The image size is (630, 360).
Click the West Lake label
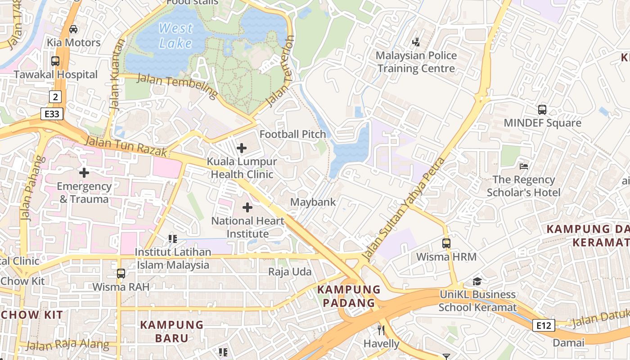[175, 36]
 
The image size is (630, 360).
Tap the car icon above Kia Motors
[73, 29]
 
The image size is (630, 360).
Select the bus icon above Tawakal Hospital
[55, 61]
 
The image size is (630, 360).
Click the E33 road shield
[52, 114]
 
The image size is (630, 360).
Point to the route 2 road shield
[55, 96]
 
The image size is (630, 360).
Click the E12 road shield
[543, 325]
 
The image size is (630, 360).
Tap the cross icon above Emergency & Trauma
[84, 172]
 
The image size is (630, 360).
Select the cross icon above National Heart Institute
[247, 207]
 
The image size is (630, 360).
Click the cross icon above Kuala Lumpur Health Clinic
[242, 148]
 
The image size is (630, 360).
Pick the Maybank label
[313, 202]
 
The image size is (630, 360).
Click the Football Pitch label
[292, 134]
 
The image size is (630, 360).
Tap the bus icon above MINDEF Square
[542, 109]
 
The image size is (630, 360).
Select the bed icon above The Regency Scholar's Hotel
[523, 166]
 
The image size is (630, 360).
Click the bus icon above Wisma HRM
[446, 243]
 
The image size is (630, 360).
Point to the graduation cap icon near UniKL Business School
[477, 281]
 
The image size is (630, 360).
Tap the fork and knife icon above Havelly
[381, 330]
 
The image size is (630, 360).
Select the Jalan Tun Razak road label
[126, 147]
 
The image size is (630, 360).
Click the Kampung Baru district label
[171, 331]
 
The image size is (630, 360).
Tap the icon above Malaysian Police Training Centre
[416, 42]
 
